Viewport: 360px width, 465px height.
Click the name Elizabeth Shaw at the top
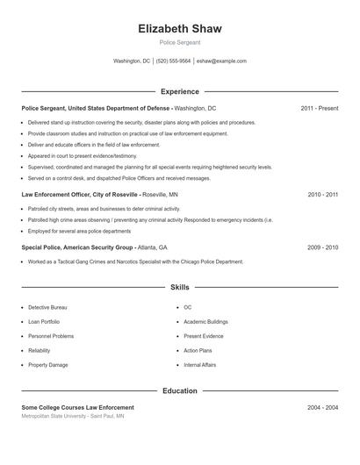(x=180, y=28)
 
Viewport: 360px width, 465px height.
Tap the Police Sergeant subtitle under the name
(x=180, y=42)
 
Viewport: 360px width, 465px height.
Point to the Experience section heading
(x=180, y=91)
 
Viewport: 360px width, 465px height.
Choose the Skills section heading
(x=180, y=287)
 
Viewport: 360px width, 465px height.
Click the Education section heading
(x=180, y=390)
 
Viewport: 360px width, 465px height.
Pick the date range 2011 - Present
(x=319, y=108)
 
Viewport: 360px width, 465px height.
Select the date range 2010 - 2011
(x=322, y=194)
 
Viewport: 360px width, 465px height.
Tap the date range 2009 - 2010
(x=322, y=247)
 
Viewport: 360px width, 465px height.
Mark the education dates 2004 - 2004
(x=322, y=408)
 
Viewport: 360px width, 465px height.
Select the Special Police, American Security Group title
(x=77, y=247)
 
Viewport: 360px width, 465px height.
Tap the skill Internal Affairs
(x=199, y=365)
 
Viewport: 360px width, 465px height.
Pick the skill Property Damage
(x=47, y=365)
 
